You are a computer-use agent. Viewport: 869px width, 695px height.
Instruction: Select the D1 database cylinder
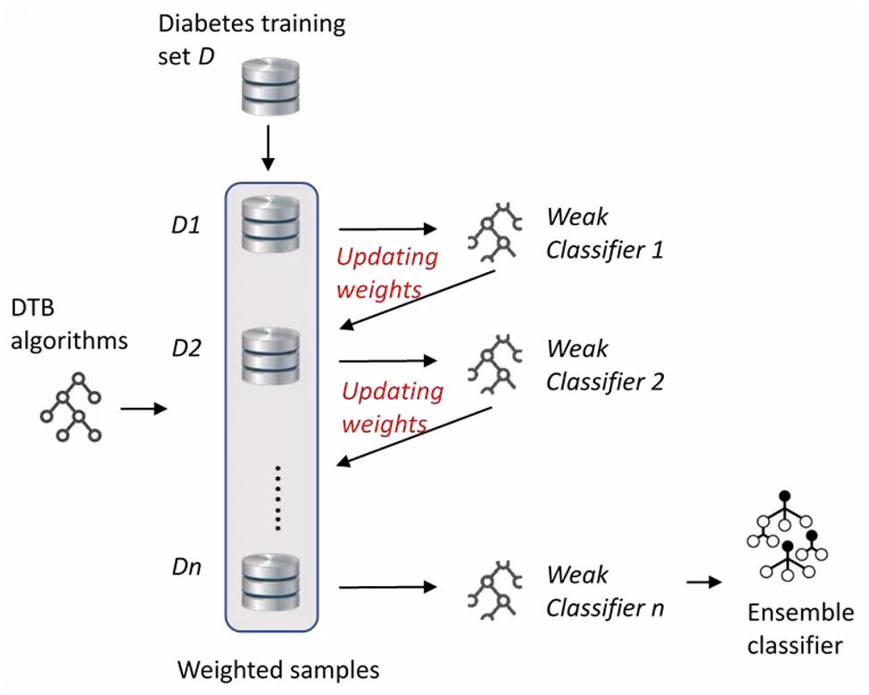pyautogui.click(x=270, y=225)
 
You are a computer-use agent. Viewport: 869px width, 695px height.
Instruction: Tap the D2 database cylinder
pyautogui.click(x=270, y=356)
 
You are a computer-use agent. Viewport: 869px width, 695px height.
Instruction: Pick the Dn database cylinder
pyautogui.click(x=270, y=583)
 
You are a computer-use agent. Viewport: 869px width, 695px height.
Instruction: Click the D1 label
pyautogui.click(x=186, y=225)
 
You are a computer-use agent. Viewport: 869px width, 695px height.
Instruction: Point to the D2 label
pyautogui.click(x=186, y=348)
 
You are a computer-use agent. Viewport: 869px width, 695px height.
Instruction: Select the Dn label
pyautogui.click(x=186, y=567)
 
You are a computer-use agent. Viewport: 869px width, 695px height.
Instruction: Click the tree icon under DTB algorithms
pyautogui.click(x=71, y=408)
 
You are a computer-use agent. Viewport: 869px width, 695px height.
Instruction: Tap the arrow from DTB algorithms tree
pyautogui.click(x=144, y=409)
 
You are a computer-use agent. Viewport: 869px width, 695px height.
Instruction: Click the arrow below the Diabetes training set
pyautogui.click(x=269, y=148)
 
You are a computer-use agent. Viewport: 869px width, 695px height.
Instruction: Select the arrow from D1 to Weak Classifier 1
pyautogui.click(x=388, y=228)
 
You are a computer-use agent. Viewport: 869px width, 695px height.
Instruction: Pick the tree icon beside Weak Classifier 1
pyautogui.click(x=495, y=232)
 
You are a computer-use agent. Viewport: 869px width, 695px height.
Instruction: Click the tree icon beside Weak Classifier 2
pyautogui.click(x=495, y=364)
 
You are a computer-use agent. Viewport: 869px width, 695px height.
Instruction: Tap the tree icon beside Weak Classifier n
pyautogui.click(x=495, y=591)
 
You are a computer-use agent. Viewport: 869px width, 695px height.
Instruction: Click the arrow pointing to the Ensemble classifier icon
pyautogui.click(x=705, y=582)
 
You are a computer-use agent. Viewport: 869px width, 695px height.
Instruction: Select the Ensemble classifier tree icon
pyautogui.click(x=787, y=535)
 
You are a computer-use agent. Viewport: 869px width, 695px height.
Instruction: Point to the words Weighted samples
pyautogui.click(x=278, y=669)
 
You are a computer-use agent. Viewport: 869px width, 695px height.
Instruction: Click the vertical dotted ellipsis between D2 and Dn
pyautogui.click(x=277, y=498)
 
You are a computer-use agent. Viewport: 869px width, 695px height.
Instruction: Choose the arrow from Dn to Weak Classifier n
pyautogui.click(x=388, y=587)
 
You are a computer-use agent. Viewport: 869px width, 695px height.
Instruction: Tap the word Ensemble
pyautogui.click(x=800, y=612)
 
